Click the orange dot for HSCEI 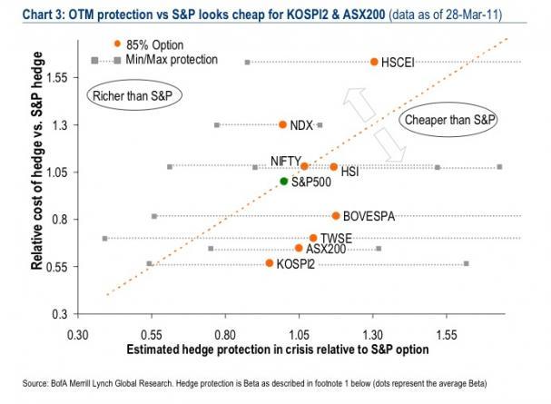click(374, 62)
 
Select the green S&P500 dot click(284, 182)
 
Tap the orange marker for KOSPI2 click(270, 263)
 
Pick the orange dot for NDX click(282, 124)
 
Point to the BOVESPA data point click(336, 216)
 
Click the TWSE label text click(337, 239)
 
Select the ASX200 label click(326, 249)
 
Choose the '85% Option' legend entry click(153, 44)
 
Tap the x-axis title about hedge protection click(272, 350)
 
